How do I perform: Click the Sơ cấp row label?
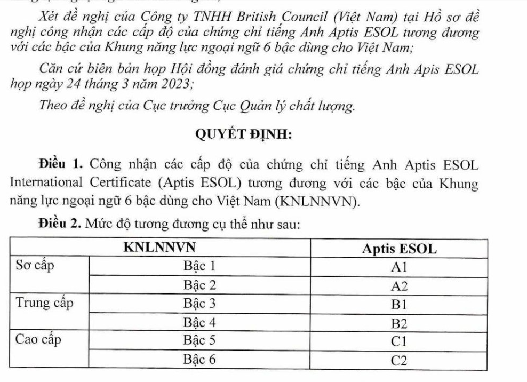click(36, 266)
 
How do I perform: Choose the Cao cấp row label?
click(39, 340)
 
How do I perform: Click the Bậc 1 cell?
click(200, 266)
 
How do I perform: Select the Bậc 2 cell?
click(200, 284)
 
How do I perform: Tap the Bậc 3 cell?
click(200, 304)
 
